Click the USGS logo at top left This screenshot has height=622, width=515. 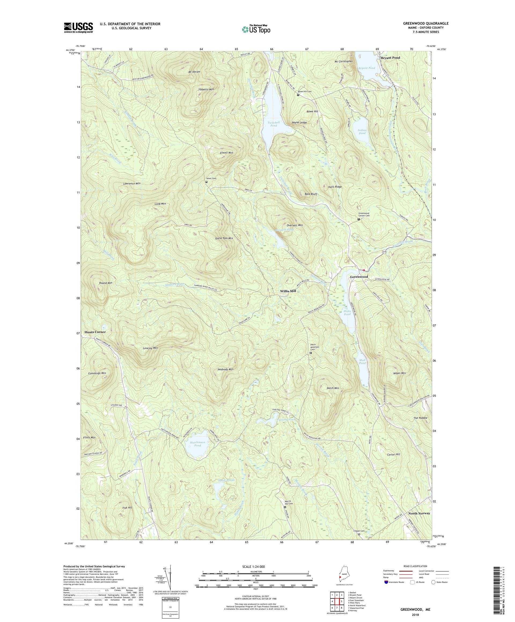pos(78,28)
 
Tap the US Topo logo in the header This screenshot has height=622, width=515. pos(256,29)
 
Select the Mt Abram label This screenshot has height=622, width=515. pos(194,72)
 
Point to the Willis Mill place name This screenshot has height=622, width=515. pos(288,291)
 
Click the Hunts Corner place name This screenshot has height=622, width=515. pos(95,332)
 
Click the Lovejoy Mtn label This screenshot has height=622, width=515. pos(150,348)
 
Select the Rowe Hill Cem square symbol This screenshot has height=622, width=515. pos(298,95)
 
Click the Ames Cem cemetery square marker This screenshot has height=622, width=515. pos(207,182)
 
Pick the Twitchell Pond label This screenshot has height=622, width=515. pos(274,124)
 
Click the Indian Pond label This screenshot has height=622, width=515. pos(362,132)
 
